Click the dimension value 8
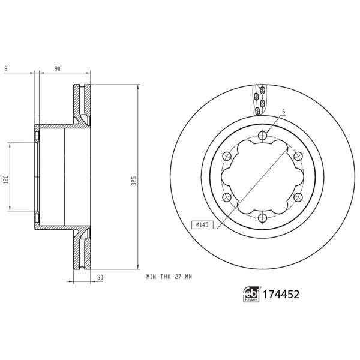5,69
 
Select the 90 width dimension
58,69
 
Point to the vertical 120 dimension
5,178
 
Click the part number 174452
280,294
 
